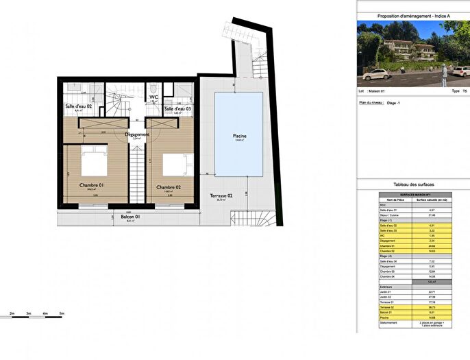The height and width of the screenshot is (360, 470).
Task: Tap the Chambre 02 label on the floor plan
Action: click(168, 187)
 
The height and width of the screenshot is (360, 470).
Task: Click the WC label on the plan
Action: click(154, 97)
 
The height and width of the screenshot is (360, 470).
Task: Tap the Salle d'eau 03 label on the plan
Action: click(177, 109)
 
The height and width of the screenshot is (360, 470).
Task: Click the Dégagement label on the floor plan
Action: click(137, 134)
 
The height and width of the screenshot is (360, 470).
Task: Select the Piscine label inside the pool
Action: click(238, 136)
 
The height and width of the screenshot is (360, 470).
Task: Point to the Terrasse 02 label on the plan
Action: click(221, 195)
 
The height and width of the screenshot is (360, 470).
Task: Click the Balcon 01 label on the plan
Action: click(129, 217)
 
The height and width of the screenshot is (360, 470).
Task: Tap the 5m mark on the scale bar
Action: click(62, 313)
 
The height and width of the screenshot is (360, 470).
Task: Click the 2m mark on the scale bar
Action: click(12, 313)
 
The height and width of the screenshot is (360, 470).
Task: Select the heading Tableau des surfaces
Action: click(413, 184)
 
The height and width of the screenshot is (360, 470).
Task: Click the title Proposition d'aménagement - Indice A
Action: click(413, 16)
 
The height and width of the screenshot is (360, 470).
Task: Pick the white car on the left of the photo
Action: click(375, 73)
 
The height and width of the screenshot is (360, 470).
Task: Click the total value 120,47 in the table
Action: click(431, 281)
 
